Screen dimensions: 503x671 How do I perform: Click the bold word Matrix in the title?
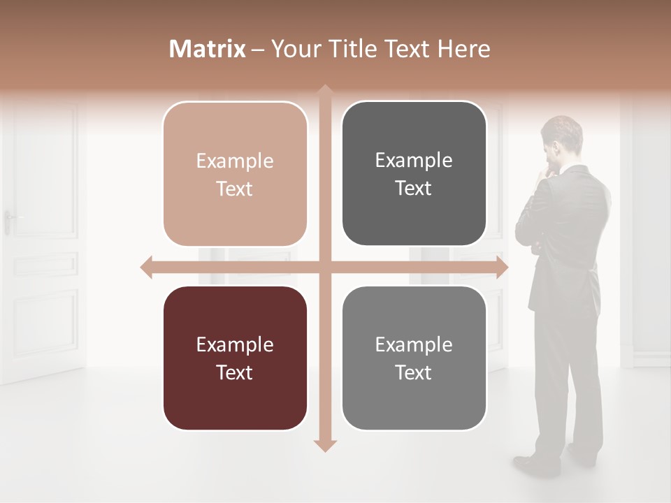click(207, 49)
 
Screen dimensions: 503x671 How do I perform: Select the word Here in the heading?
click(463, 49)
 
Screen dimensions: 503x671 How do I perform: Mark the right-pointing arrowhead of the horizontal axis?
click(502, 267)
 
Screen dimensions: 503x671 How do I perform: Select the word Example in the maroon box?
click(235, 344)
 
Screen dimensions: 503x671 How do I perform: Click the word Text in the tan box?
click(235, 189)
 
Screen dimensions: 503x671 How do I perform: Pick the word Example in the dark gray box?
click(414, 160)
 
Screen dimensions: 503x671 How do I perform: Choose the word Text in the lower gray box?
click(414, 372)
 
